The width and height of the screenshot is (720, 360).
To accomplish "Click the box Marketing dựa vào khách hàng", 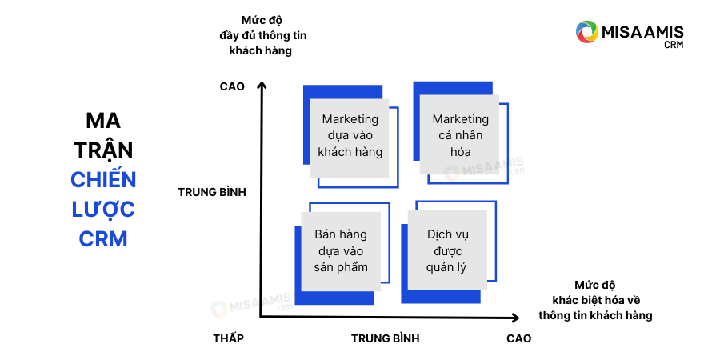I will coord(350,136).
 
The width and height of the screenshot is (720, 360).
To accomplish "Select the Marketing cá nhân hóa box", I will coord(460,136).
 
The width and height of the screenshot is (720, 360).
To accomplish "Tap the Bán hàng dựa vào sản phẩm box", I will coord(341,250).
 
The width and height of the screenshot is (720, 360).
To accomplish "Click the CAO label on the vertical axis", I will coord(231,86).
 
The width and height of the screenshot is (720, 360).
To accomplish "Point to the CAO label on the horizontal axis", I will coord(518,338).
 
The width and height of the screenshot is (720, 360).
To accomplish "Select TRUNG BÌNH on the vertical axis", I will coord(211,192).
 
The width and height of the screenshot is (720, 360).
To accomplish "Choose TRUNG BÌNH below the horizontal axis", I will coord(385,338).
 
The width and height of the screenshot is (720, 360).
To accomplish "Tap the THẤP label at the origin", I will coord(228,338).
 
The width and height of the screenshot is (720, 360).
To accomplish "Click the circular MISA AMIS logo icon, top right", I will coord(587,32).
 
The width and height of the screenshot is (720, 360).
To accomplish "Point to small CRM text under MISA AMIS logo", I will coord(674,46).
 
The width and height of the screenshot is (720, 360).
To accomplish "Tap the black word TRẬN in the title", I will coord(103,150).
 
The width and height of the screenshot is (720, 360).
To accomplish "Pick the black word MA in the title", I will coord(103,121).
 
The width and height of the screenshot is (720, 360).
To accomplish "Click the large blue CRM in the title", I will coord(103,239).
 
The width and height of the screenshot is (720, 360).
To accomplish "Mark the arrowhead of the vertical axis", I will coord(261,85).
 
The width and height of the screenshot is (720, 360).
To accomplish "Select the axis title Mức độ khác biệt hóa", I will coord(596,300).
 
